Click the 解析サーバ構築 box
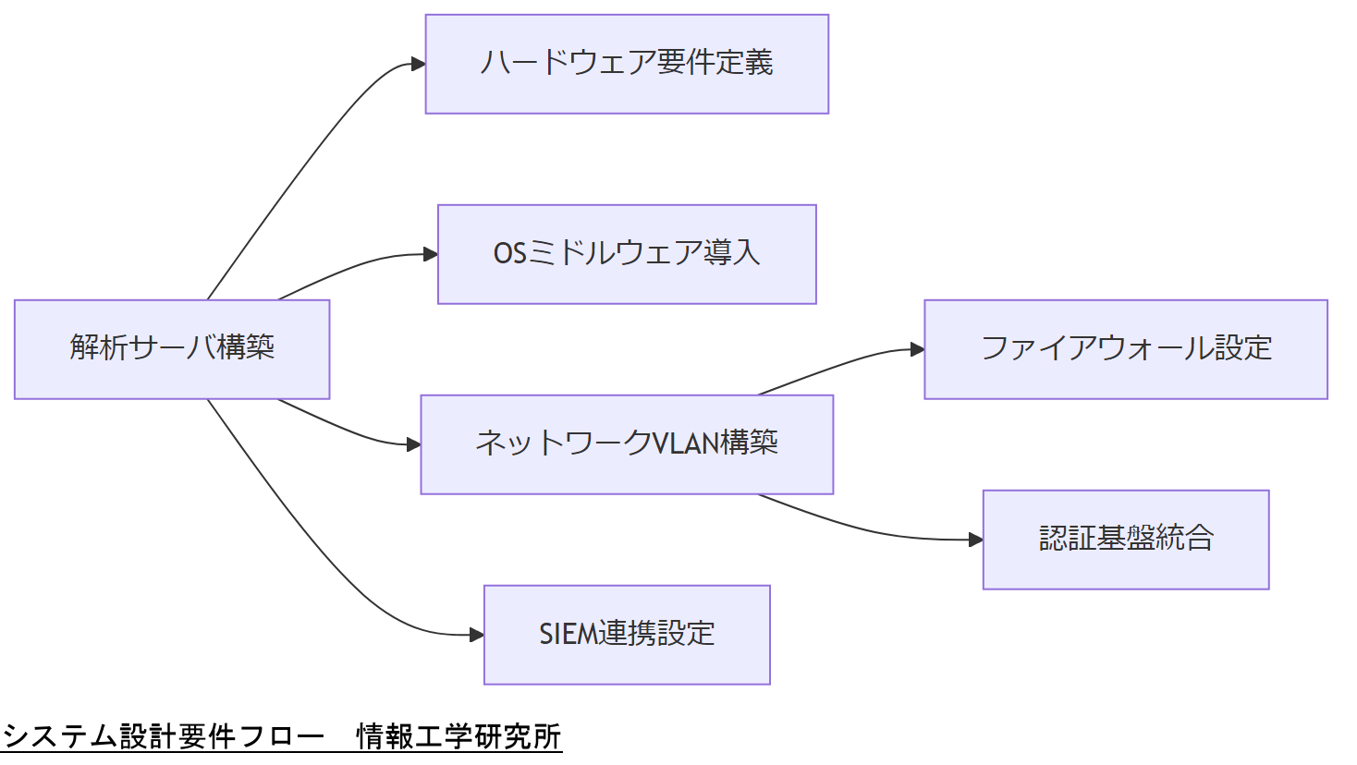[172, 349]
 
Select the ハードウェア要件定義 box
[627, 64]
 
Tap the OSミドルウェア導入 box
[627, 254]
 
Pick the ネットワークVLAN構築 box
[627, 444]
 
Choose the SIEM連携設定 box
[627, 635]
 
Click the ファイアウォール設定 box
[1126, 349]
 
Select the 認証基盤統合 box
[1126, 540]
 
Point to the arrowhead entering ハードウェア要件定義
[419, 64]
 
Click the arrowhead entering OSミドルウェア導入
[431, 254]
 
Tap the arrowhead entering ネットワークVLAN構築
[414, 444]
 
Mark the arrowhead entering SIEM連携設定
[477, 635]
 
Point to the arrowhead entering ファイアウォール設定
[918, 349]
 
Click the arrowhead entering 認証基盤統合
[976, 540]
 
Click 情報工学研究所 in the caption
[458, 737]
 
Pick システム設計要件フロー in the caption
[164, 737]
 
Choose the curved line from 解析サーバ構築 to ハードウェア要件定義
[305, 166]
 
